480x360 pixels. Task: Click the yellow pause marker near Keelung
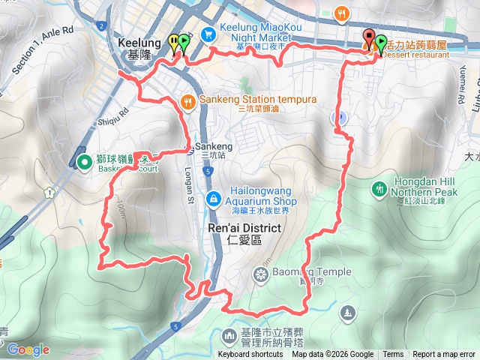tap(174, 42)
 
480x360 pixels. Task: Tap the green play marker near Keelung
tap(184, 42)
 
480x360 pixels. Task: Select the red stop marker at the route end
tap(369, 37)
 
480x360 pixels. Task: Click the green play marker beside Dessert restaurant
tap(380, 43)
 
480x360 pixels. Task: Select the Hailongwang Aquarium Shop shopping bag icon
tap(213, 198)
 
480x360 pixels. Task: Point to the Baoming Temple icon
tap(261, 274)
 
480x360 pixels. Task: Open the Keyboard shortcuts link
tap(250, 355)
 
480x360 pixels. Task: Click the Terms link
tap(392, 355)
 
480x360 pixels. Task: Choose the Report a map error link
tap(443, 355)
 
